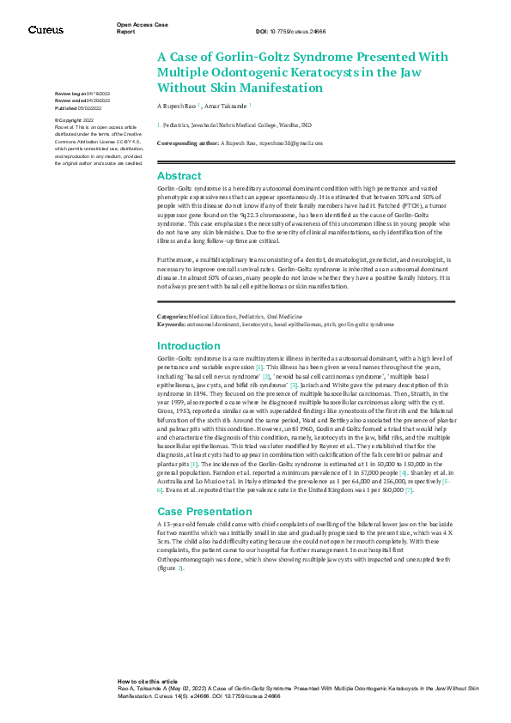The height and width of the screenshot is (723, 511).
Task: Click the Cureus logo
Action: [x=46, y=30]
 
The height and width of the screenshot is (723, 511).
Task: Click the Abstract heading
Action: [x=179, y=175]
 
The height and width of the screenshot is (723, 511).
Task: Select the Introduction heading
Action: [x=190, y=345]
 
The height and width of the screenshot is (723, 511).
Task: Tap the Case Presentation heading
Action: [x=206, y=511]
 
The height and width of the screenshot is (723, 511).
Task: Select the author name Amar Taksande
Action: [x=226, y=105]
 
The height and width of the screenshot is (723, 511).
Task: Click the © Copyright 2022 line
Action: [x=75, y=121]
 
